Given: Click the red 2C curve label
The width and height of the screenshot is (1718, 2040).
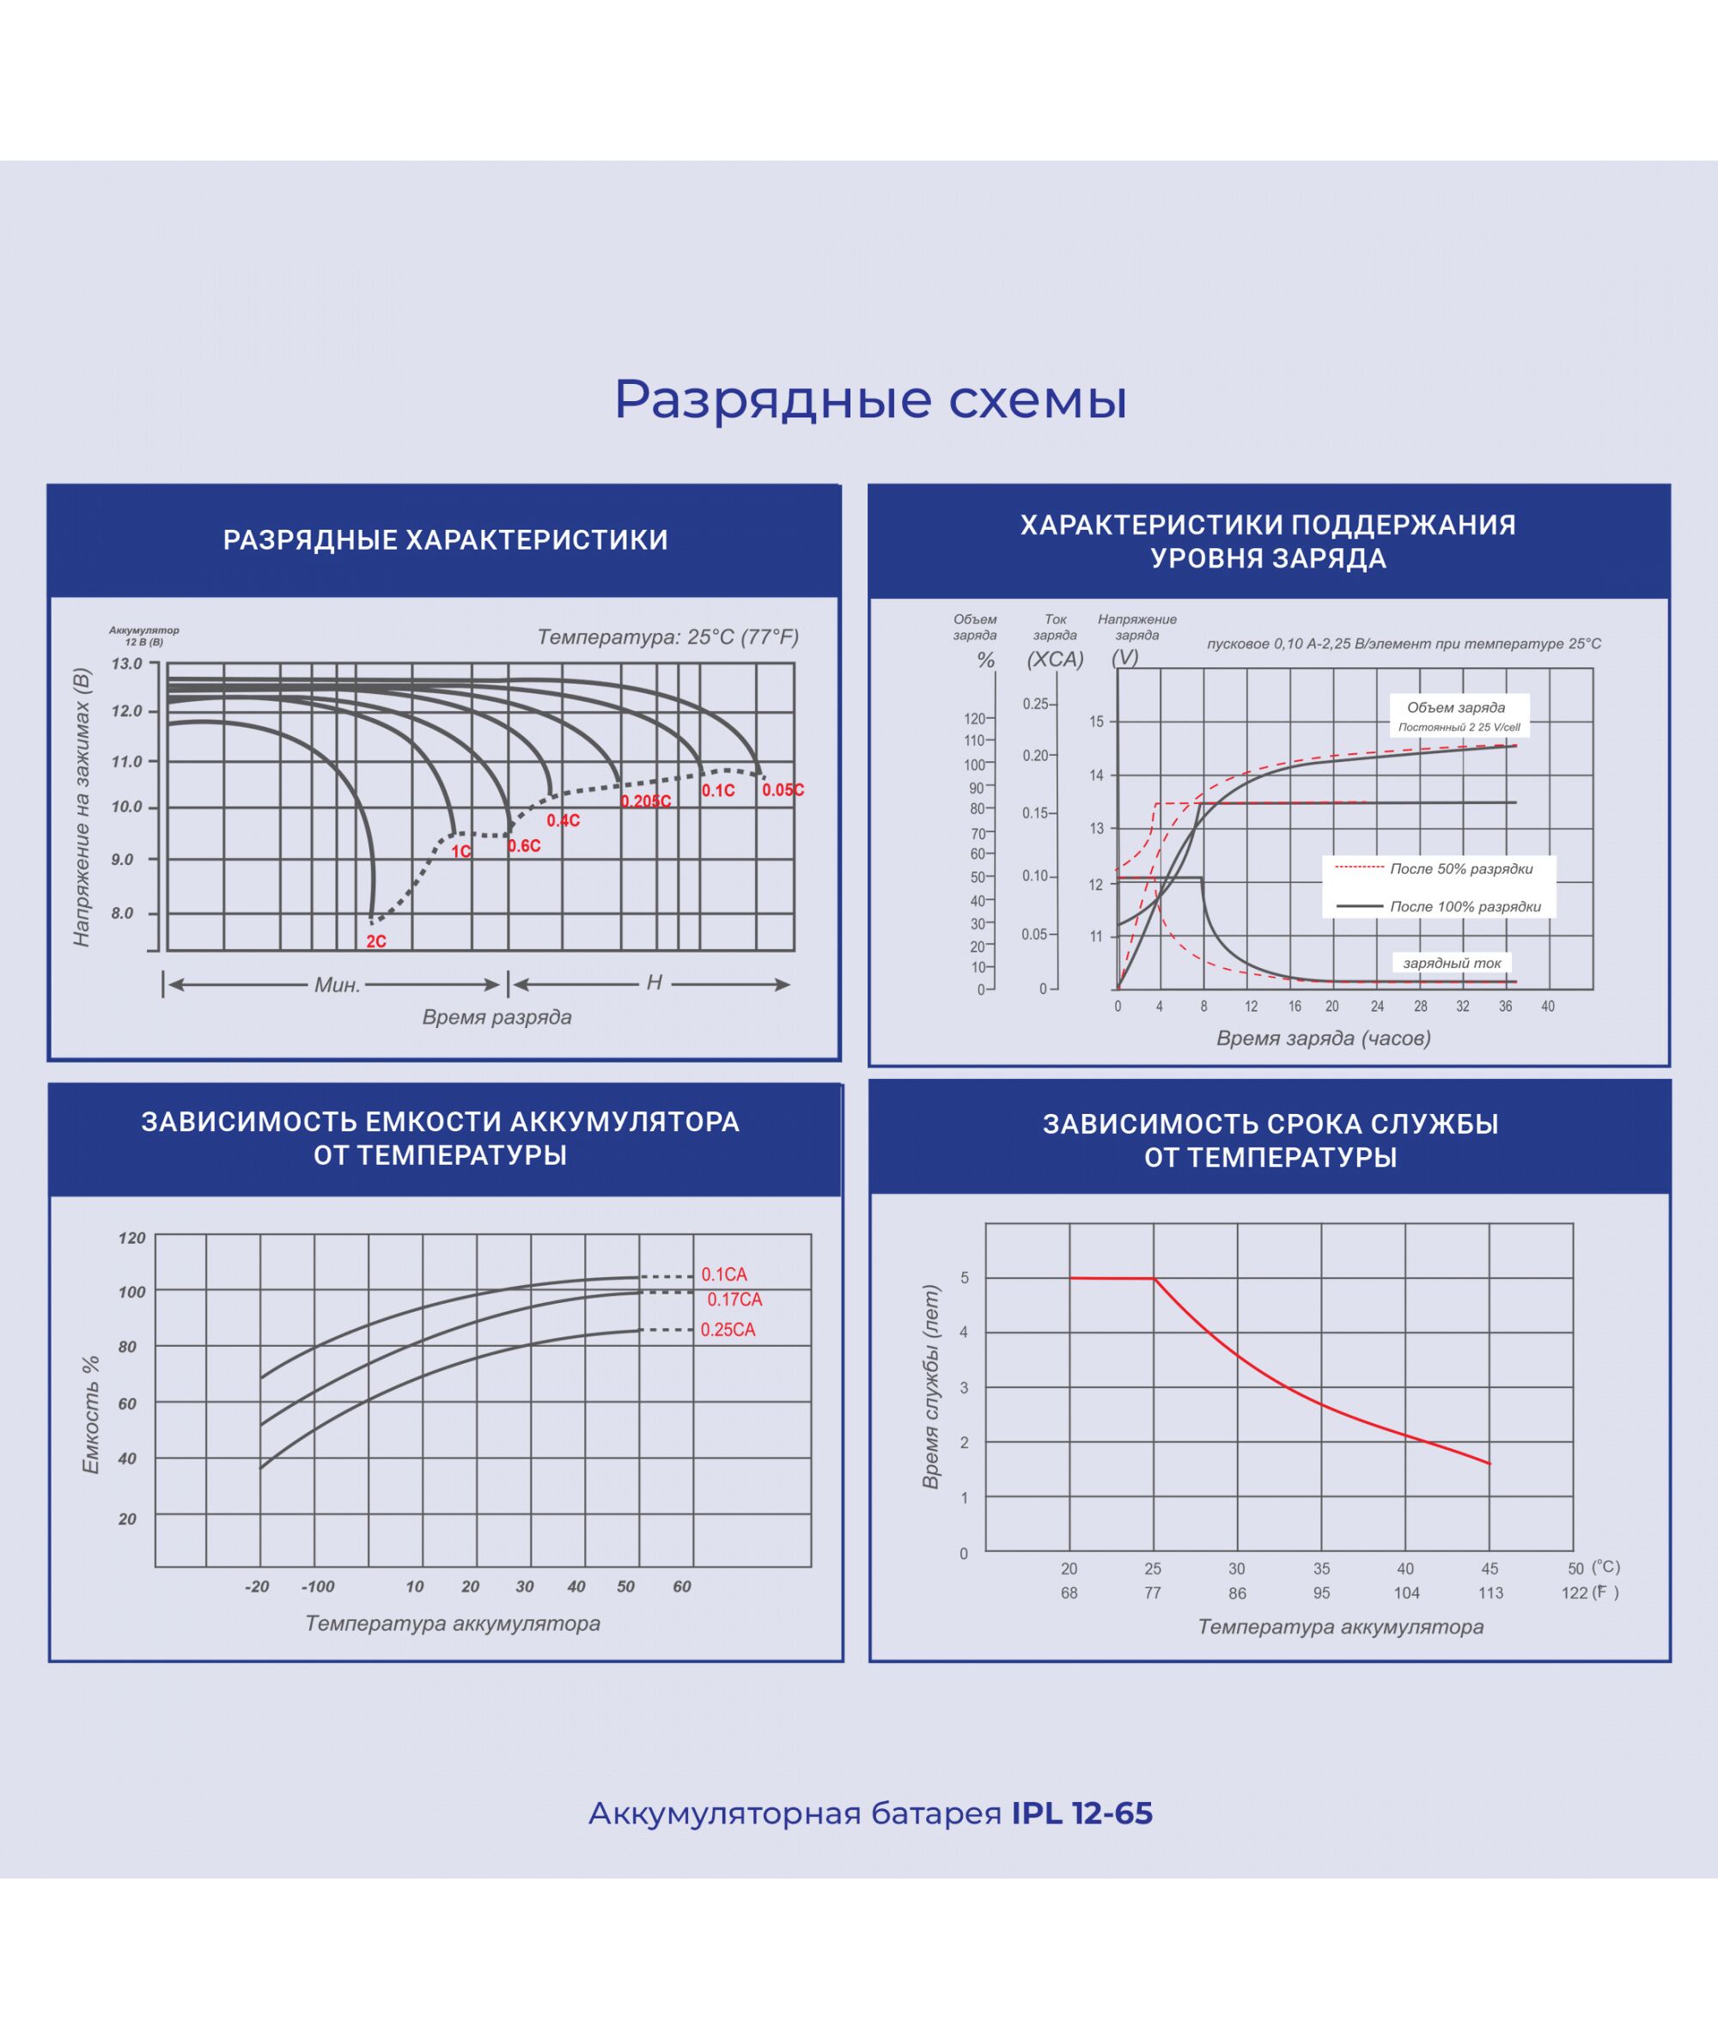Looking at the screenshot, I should (x=376, y=941).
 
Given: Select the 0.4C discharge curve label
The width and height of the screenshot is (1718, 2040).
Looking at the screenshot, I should (x=563, y=821).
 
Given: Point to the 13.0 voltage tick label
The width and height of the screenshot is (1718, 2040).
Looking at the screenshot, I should (x=126, y=664).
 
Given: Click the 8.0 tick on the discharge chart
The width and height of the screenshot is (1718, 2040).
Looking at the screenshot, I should (x=123, y=913).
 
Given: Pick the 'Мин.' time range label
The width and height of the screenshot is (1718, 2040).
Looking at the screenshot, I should (x=337, y=984).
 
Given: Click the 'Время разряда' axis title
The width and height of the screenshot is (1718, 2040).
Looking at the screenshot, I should (x=497, y=1017).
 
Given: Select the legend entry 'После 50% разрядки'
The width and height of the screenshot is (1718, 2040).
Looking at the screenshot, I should (x=1461, y=868).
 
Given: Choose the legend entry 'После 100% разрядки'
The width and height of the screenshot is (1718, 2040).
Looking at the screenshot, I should (x=1465, y=906).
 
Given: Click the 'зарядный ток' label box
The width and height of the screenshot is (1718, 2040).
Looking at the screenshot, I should (x=1452, y=963).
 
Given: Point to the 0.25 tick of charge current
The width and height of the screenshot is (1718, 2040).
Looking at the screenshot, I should (x=1035, y=704).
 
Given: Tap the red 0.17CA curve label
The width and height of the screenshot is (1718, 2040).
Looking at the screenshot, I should (x=734, y=1300).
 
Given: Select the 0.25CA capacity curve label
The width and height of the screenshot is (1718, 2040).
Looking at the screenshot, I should (x=728, y=1331).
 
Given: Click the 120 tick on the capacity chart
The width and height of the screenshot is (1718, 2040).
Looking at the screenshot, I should (x=131, y=1239).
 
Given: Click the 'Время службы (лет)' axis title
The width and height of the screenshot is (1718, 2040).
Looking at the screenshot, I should (x=931, y=1386).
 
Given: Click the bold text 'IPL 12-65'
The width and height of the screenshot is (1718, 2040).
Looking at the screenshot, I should (x=1081, y=1813).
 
